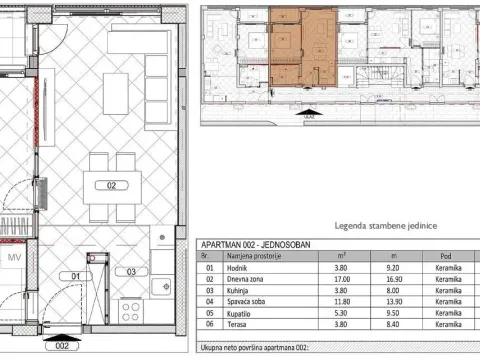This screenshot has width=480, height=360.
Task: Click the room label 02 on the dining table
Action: (112, 185)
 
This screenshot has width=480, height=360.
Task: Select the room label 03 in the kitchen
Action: (130, 271)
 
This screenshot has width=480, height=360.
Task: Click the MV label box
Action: (15, 257)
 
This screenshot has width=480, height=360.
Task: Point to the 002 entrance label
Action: (62, 347)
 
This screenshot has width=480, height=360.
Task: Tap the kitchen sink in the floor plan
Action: (161, 287)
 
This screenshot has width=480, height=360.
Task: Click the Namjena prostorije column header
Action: (259, 256)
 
